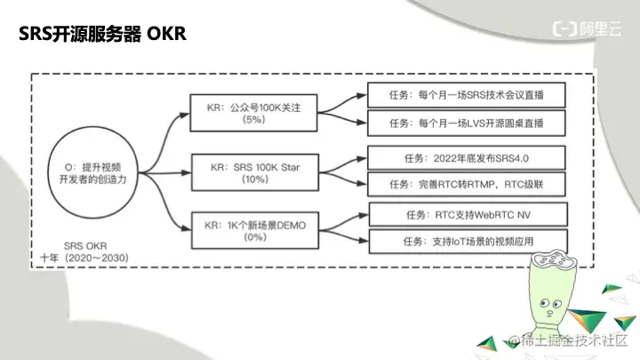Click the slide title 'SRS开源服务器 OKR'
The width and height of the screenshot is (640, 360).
tap(102, 33)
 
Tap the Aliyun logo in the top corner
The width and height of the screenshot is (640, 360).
tap(587, 29)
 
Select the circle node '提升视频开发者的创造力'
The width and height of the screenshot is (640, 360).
tap(92, 172)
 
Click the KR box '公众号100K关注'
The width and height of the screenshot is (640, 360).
tap(253, 113)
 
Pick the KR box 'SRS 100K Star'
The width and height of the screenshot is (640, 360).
tap(255, 172)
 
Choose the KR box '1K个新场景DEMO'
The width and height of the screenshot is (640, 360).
tap(255, 230)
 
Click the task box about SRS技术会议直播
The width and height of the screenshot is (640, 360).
tap(467, 95)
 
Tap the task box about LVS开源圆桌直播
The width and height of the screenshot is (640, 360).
tap(467, 123)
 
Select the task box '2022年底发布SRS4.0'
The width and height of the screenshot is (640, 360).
tap(467, 158)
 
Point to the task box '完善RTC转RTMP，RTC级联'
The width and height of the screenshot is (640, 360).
tap(467, 184)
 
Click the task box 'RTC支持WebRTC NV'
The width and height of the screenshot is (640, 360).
tap(468, 215)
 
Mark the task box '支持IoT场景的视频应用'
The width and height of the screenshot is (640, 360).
tap(468, 242)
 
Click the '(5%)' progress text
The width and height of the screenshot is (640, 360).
tap(253, 120)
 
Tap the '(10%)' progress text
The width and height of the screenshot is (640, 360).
tap(255, 180)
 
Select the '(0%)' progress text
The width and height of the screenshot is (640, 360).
tap(255, 237)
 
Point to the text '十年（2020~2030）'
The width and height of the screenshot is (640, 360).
tap(84, 258)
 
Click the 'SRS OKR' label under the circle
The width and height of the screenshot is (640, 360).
tap(85, 246)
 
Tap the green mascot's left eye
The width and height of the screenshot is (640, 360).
tap(545, 303)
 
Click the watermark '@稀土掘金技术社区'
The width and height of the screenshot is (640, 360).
tap(568, 340)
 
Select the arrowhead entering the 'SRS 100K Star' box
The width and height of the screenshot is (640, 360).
tap(186, 172)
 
